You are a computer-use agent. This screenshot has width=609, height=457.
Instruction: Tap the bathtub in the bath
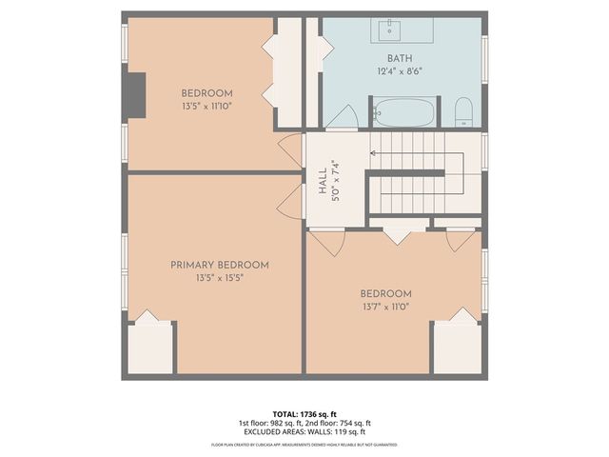pos(403,113)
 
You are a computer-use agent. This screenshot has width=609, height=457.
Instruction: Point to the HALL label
pos(323,178)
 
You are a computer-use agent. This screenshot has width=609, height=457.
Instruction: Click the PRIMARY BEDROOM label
pos(220,265)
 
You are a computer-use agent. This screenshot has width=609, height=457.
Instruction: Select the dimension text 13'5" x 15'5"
pos(220,279)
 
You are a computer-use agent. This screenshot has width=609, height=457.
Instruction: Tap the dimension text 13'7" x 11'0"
pos(385,308)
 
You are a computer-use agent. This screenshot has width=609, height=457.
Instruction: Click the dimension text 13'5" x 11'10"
pos(206,107)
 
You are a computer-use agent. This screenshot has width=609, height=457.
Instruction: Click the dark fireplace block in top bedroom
pos(136,95)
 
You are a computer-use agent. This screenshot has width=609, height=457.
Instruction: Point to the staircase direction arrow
pos(374,151)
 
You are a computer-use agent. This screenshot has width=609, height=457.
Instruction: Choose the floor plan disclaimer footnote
pos(304,445)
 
